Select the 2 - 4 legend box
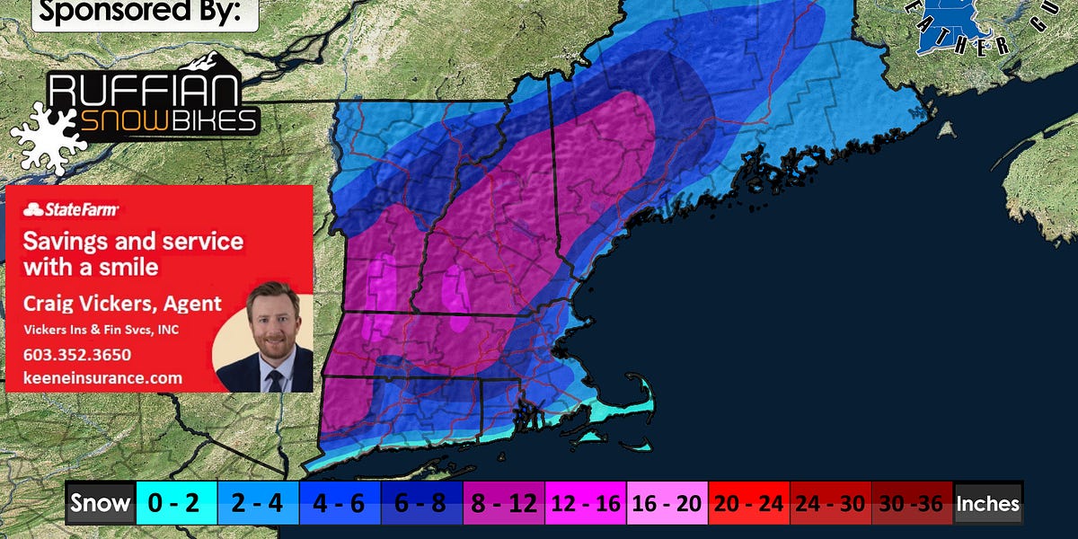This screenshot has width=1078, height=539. [x=257, y=504]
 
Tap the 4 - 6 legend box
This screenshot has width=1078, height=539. [x=339, y=504]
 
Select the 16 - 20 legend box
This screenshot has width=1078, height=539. [x=667, y=504]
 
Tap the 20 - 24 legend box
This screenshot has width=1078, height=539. [x=748, y=504]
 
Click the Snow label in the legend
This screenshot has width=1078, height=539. [x=99, y=504]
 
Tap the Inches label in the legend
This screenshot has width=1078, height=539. [x=988, y=504]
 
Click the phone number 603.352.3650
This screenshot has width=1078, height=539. [x=76, y=354]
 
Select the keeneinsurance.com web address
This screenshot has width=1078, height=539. [x=102, y=378]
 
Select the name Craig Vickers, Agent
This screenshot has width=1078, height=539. [x=122, y=303]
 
